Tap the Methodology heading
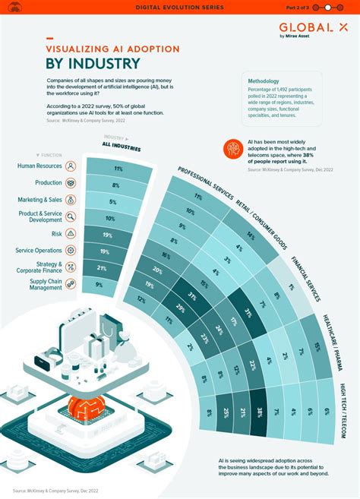[265, 80]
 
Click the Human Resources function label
[39, 166]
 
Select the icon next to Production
[71, 183]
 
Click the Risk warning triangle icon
[71, 233]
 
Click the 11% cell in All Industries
[118, 168]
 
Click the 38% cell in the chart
[259, 412]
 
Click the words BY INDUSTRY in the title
[93, 63]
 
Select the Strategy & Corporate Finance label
[36, 267]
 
